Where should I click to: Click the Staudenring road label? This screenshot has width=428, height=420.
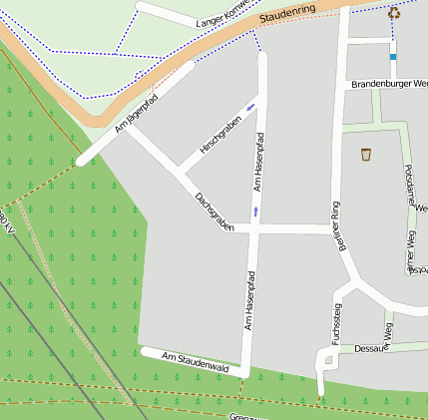pyautogui.click(x=286, y=17)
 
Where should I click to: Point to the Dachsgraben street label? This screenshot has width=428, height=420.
pyautogui.click(x=214, y=212)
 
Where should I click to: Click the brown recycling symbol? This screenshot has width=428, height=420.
pyautogui.click(x=394, y=14)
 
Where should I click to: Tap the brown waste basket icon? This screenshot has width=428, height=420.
pyautogui.click(x=366, y=154)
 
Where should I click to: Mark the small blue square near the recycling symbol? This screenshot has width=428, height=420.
pyautogui.click(x=393, y=57)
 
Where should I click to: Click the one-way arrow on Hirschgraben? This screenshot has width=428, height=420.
pyautogui.click(x=250, y=106)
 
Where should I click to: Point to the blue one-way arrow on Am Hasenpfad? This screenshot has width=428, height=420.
pyautogui.click(x=255, y=210)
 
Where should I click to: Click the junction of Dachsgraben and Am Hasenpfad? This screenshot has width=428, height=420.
pyautogui.click(x=254, y=229)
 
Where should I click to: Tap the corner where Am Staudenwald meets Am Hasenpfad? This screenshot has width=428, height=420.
pyautogui.click(x=243, y=368)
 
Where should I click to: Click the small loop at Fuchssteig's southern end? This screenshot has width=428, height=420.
pyautogui.click(x=324, y=358)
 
